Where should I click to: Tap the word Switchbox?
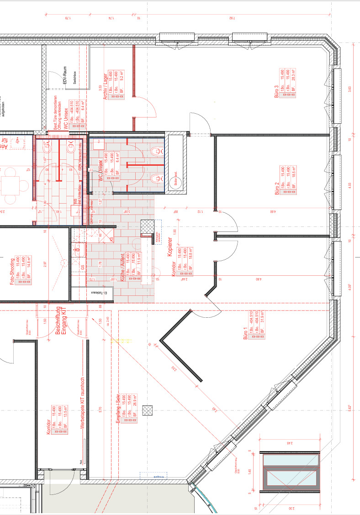(74, 78)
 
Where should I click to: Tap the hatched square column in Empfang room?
(147, 410)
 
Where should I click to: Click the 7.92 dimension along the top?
(231, 18)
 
